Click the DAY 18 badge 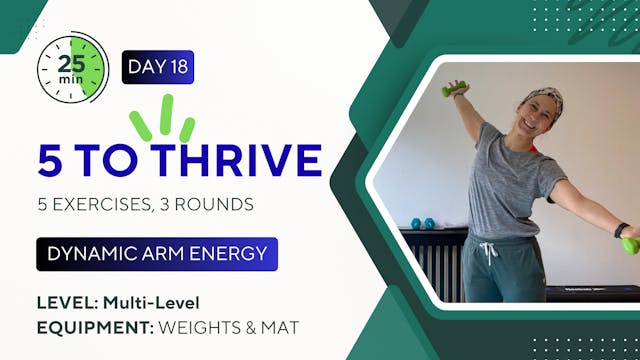point(157,67)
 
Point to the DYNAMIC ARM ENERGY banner point(156,254)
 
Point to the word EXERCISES point(99,205)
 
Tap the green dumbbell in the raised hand point(453,89)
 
